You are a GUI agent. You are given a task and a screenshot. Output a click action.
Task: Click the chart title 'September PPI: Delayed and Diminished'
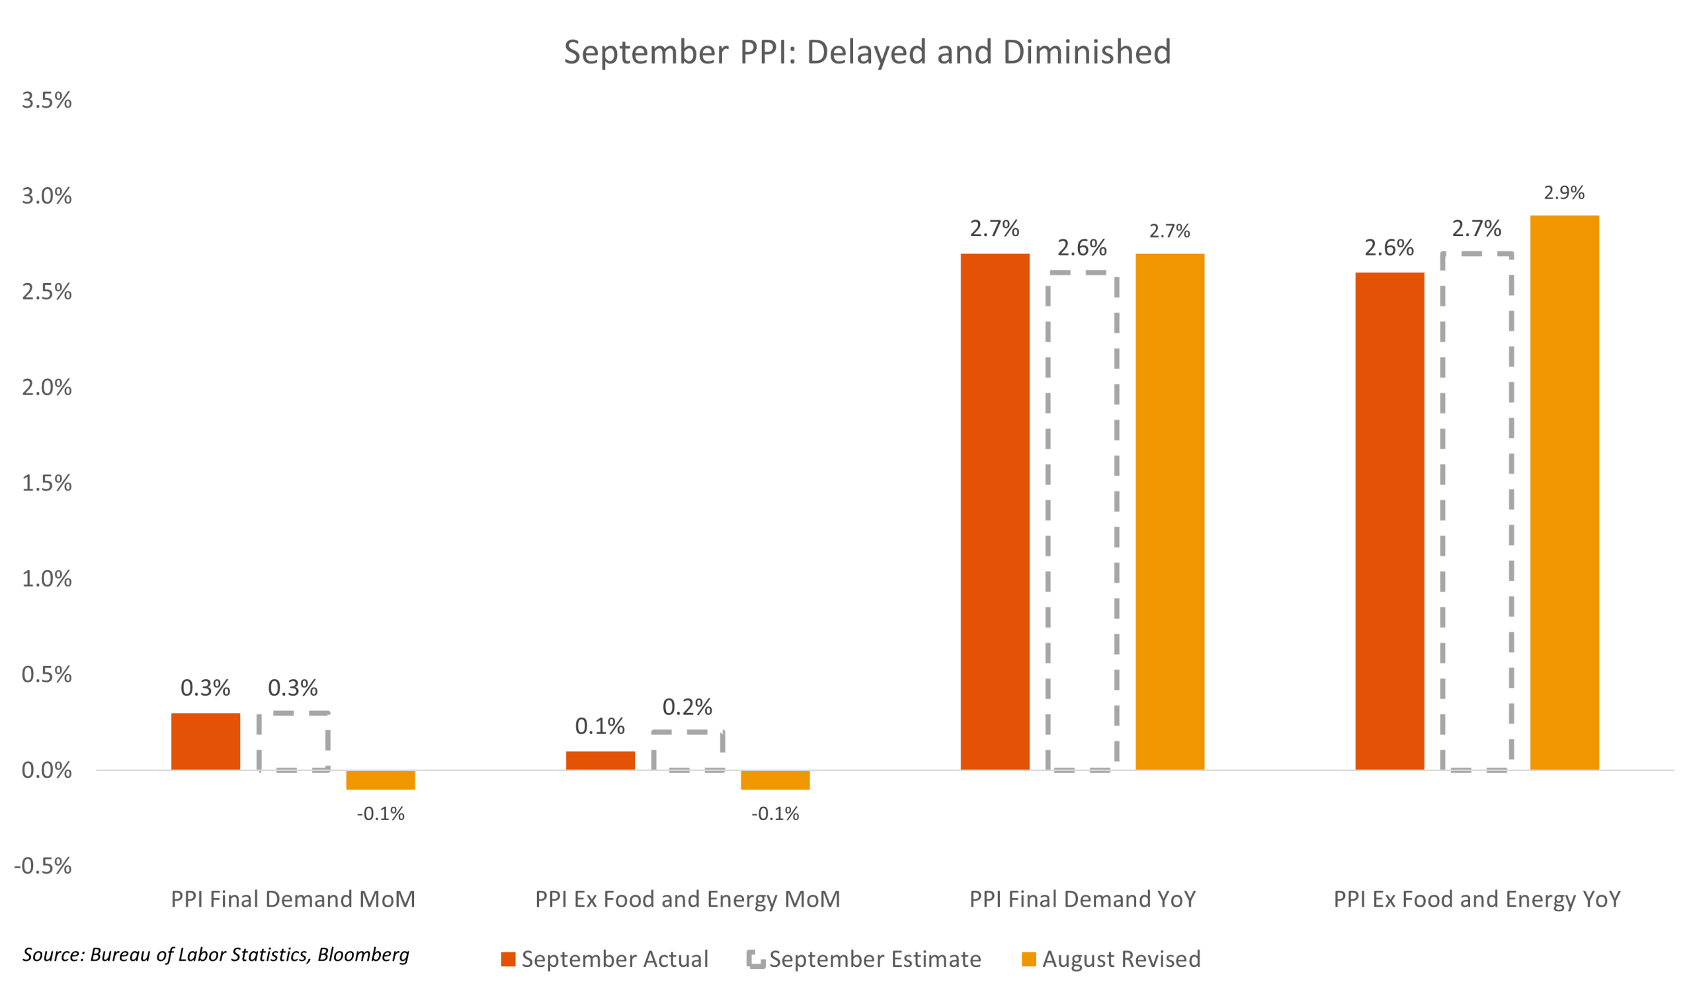click(866, 52)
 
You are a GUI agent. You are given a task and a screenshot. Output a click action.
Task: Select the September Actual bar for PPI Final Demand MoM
click(206, 741)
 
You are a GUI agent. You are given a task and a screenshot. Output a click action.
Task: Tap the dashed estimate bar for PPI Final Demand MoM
click(294, 741)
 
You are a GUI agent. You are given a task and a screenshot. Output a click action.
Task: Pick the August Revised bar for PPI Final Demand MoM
click(381, 780)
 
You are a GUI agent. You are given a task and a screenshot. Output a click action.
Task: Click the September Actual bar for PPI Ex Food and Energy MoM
click(600, 760)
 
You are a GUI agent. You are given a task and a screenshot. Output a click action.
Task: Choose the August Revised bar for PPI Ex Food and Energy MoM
click(775, 780)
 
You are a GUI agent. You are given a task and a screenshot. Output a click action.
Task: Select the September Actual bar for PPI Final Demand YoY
click(995, 511)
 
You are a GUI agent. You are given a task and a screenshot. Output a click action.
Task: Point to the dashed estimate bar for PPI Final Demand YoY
click(1083, 521)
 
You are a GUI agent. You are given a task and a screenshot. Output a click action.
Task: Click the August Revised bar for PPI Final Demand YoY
click(1171, 511)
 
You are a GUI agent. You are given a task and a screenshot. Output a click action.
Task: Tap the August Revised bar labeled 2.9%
click(1565, 492)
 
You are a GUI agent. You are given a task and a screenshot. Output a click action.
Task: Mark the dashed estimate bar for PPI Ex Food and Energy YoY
click(1477, 511)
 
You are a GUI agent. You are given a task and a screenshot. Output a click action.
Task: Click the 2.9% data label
click(1564, 194)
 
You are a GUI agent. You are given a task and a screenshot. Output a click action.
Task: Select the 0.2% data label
click(687, 707)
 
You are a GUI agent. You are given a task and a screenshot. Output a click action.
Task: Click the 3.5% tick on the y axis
click(46, 101)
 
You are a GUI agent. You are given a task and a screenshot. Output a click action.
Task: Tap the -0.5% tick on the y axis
click(43, 866)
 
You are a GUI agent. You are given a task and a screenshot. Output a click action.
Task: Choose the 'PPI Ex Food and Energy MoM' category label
click(687, 899)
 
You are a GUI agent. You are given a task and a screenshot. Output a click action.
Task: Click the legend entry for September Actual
click(604, 959)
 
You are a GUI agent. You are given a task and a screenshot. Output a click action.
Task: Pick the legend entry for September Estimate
click(864, 959)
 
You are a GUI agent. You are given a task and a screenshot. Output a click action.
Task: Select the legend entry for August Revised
click(1112, 959)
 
